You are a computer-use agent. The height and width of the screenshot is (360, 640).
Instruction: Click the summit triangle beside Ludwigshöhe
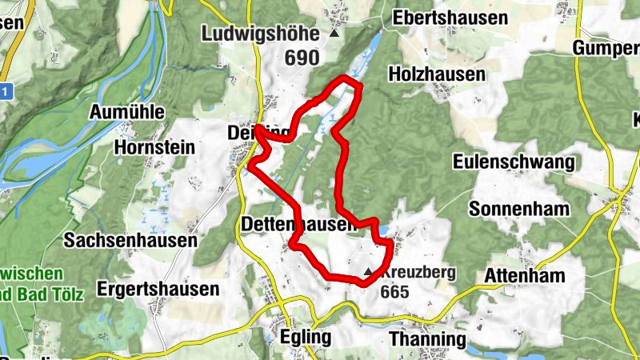click(334, 34)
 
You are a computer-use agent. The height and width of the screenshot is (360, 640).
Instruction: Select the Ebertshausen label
click(450, 18)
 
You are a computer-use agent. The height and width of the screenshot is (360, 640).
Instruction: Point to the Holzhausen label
click(436, 74)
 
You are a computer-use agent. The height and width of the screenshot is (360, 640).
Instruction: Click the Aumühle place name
click(128, 110)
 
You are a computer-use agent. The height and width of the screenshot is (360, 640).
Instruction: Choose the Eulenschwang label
click(513, 163)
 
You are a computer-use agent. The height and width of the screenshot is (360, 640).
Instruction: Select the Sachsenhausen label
click(130, 240)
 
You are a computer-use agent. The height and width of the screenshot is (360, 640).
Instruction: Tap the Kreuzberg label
click(418, 272)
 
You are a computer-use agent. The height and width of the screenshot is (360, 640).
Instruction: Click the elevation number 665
click(395, 293)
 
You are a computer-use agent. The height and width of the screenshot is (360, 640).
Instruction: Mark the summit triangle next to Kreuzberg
click(368, 273)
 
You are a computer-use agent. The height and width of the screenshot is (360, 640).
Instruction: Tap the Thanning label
click(427, 339)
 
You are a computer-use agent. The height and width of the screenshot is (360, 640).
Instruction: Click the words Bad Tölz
click(48, 293)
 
